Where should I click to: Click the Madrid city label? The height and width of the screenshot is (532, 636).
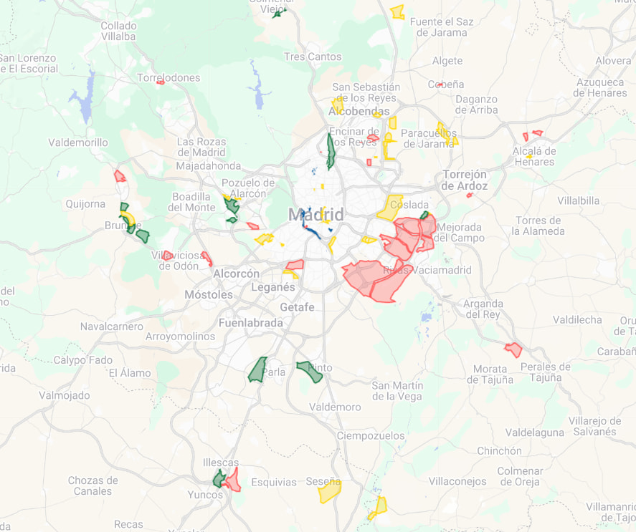click(x=316, y=214)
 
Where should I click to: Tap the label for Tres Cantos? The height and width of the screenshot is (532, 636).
click(x=313, y=57)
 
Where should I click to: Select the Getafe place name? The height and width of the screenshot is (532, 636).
click(x=297, y=306)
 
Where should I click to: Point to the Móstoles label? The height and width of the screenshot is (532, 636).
click(x=209, y=294)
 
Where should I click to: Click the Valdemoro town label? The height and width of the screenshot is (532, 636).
click(x=335, y=407)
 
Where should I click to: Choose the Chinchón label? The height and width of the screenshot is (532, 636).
click(x=499, y=451)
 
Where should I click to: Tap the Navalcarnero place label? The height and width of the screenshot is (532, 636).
click(x=112, y=326)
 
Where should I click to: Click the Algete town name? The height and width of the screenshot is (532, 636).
click(x=447, y=62)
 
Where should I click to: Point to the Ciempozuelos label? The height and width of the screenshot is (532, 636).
click(x=371, y=435)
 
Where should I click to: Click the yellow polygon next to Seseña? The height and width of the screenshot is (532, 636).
click(x=330, y=491)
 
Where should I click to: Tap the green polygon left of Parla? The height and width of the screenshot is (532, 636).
click(x=257, y=369)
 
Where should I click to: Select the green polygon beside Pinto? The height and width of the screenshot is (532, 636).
click(x=310, y=371)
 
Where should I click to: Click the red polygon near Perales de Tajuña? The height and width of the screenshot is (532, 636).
click(x=513, y=349)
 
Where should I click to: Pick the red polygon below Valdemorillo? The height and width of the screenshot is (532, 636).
click(x=120, y=175)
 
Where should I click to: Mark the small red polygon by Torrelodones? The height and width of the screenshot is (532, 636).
click(x=161, y=82)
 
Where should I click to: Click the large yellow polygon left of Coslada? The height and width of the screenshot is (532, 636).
click(x=390, y=207)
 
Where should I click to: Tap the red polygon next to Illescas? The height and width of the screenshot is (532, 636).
click(x=232, y=479)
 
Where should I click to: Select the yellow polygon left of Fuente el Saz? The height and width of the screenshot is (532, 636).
click(x=397, y=11)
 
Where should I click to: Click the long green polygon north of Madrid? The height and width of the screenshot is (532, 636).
click(x=331, y=150)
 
